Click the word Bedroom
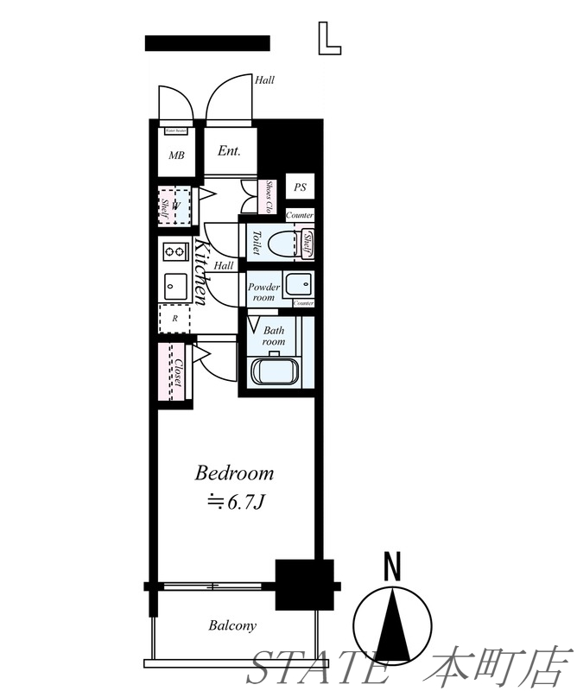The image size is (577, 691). click(x=234, y=472)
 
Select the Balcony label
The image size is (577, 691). click(x=232, y=625)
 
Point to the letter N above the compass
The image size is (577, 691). click(x=393, y=567)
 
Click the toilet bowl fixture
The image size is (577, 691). click(x=282, y=243)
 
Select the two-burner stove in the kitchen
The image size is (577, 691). click(x=174, y=252)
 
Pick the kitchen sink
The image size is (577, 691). click(x=173, y=284)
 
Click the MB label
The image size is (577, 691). click(x=176, y=156)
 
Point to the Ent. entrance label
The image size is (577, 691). click(x=229, y=151)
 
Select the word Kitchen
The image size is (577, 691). click(x=200, y=272)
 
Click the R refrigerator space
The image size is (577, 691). click(x=175, y=318)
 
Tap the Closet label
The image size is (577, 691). click(x=177, y=372)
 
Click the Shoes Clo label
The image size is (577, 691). click(x=269, y=197)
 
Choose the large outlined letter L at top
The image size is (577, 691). click(x=328, y=38)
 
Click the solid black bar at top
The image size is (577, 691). click(x=207, y=43)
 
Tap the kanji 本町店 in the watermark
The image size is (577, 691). click(x=503, y=667)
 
